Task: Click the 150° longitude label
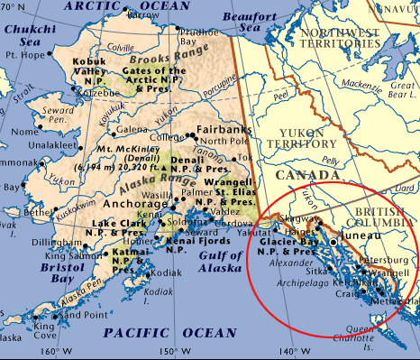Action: pos(167,352)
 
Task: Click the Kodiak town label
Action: pos(146,273)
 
